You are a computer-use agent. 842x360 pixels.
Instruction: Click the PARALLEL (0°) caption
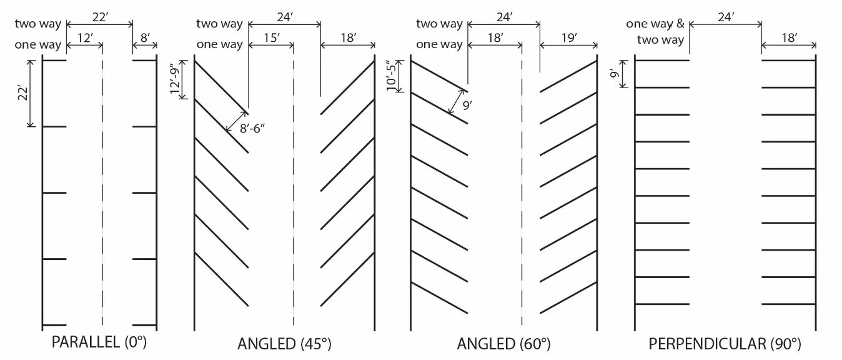[x=99, y=342]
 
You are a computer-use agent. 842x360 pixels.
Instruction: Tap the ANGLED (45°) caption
[x=284, y=344]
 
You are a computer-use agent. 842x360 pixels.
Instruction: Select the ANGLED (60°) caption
[x=504, y=344]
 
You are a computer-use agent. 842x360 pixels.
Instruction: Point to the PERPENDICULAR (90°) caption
[x=725, y=344]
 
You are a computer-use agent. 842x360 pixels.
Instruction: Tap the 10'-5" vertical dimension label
[x=392, y=76]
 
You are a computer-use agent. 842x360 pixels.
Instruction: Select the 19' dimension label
[x=568, y=37]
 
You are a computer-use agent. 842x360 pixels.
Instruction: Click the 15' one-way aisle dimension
[x=270, y=37]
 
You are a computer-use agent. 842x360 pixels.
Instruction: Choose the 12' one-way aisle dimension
[x=84, y=37]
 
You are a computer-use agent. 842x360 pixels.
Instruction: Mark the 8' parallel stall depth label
[x=145, y=37]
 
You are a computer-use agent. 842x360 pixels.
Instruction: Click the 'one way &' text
[x=655, y=24]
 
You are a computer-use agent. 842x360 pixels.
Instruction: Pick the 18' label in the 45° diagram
[x=348, y=37]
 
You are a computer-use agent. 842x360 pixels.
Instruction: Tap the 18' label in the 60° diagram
[x=495, y=37]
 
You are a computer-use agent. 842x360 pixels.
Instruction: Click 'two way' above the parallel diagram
[x=38, y=24]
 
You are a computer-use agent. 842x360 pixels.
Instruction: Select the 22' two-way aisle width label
[x=99, y=17]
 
